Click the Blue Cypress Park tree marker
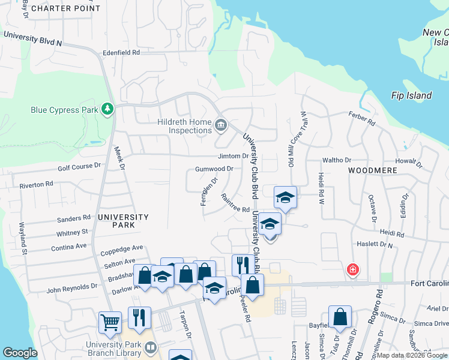point(107,109)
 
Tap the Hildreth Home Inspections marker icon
point(221,125)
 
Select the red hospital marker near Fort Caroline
point(353,269)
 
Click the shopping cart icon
point(110,322)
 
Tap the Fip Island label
point(411,95)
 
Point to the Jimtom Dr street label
point(233,156)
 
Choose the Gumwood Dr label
point(214,169)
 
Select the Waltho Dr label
point(336,160)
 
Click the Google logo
point(20,353)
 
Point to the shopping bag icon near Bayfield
point(340,317)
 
